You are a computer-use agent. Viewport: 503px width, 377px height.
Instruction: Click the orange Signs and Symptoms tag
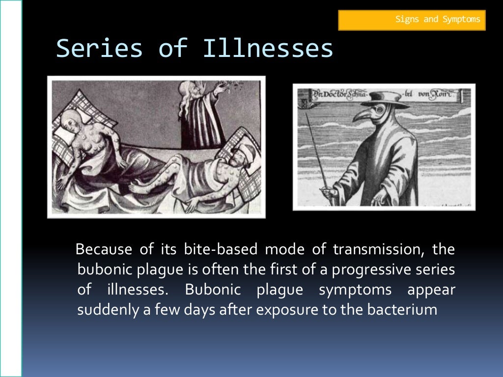[x=412, y=20]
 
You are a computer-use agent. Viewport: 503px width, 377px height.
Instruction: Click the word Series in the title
[x=100, y=49]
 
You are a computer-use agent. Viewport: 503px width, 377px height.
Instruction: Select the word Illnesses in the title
[x=268, y=49]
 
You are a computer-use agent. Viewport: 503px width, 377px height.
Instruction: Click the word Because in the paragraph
[x=104, y=250]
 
